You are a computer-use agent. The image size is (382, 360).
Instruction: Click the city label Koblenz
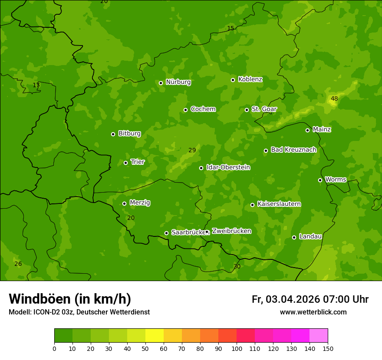(x=250, y=79)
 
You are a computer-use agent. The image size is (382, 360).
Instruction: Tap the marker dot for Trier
(x=126, y=163)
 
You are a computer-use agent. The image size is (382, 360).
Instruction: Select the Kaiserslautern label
(x=279, y=204)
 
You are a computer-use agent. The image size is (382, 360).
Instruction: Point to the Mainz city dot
(x=307, y=130)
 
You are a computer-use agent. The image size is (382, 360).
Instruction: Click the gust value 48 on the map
(x=334, y=99)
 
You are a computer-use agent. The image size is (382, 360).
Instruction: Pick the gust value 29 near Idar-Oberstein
(x=192, y=151)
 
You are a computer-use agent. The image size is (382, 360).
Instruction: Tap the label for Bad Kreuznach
(x=293, y=150)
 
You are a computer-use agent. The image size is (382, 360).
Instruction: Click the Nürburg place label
(x=178, y=82)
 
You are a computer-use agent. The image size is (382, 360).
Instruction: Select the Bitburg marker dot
(x=113, y=134)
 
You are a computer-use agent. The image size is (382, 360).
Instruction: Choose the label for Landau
(x=310, y=236)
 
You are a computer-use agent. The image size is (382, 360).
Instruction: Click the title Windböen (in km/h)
(x=70, y=299)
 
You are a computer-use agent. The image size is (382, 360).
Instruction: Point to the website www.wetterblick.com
(x=313, y=312)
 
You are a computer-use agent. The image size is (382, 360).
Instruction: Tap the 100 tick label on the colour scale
(x=237, y=348)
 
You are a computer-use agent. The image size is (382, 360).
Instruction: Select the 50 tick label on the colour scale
(x=145, y=348)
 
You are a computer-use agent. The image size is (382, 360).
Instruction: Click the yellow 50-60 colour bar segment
(x=155, y=336)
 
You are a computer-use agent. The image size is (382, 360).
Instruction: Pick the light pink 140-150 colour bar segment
(x=319, y=336)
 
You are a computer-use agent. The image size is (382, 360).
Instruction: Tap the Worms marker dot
(x=320, y=180)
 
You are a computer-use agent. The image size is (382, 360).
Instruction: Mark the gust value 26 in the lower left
(x=18, y=264)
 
